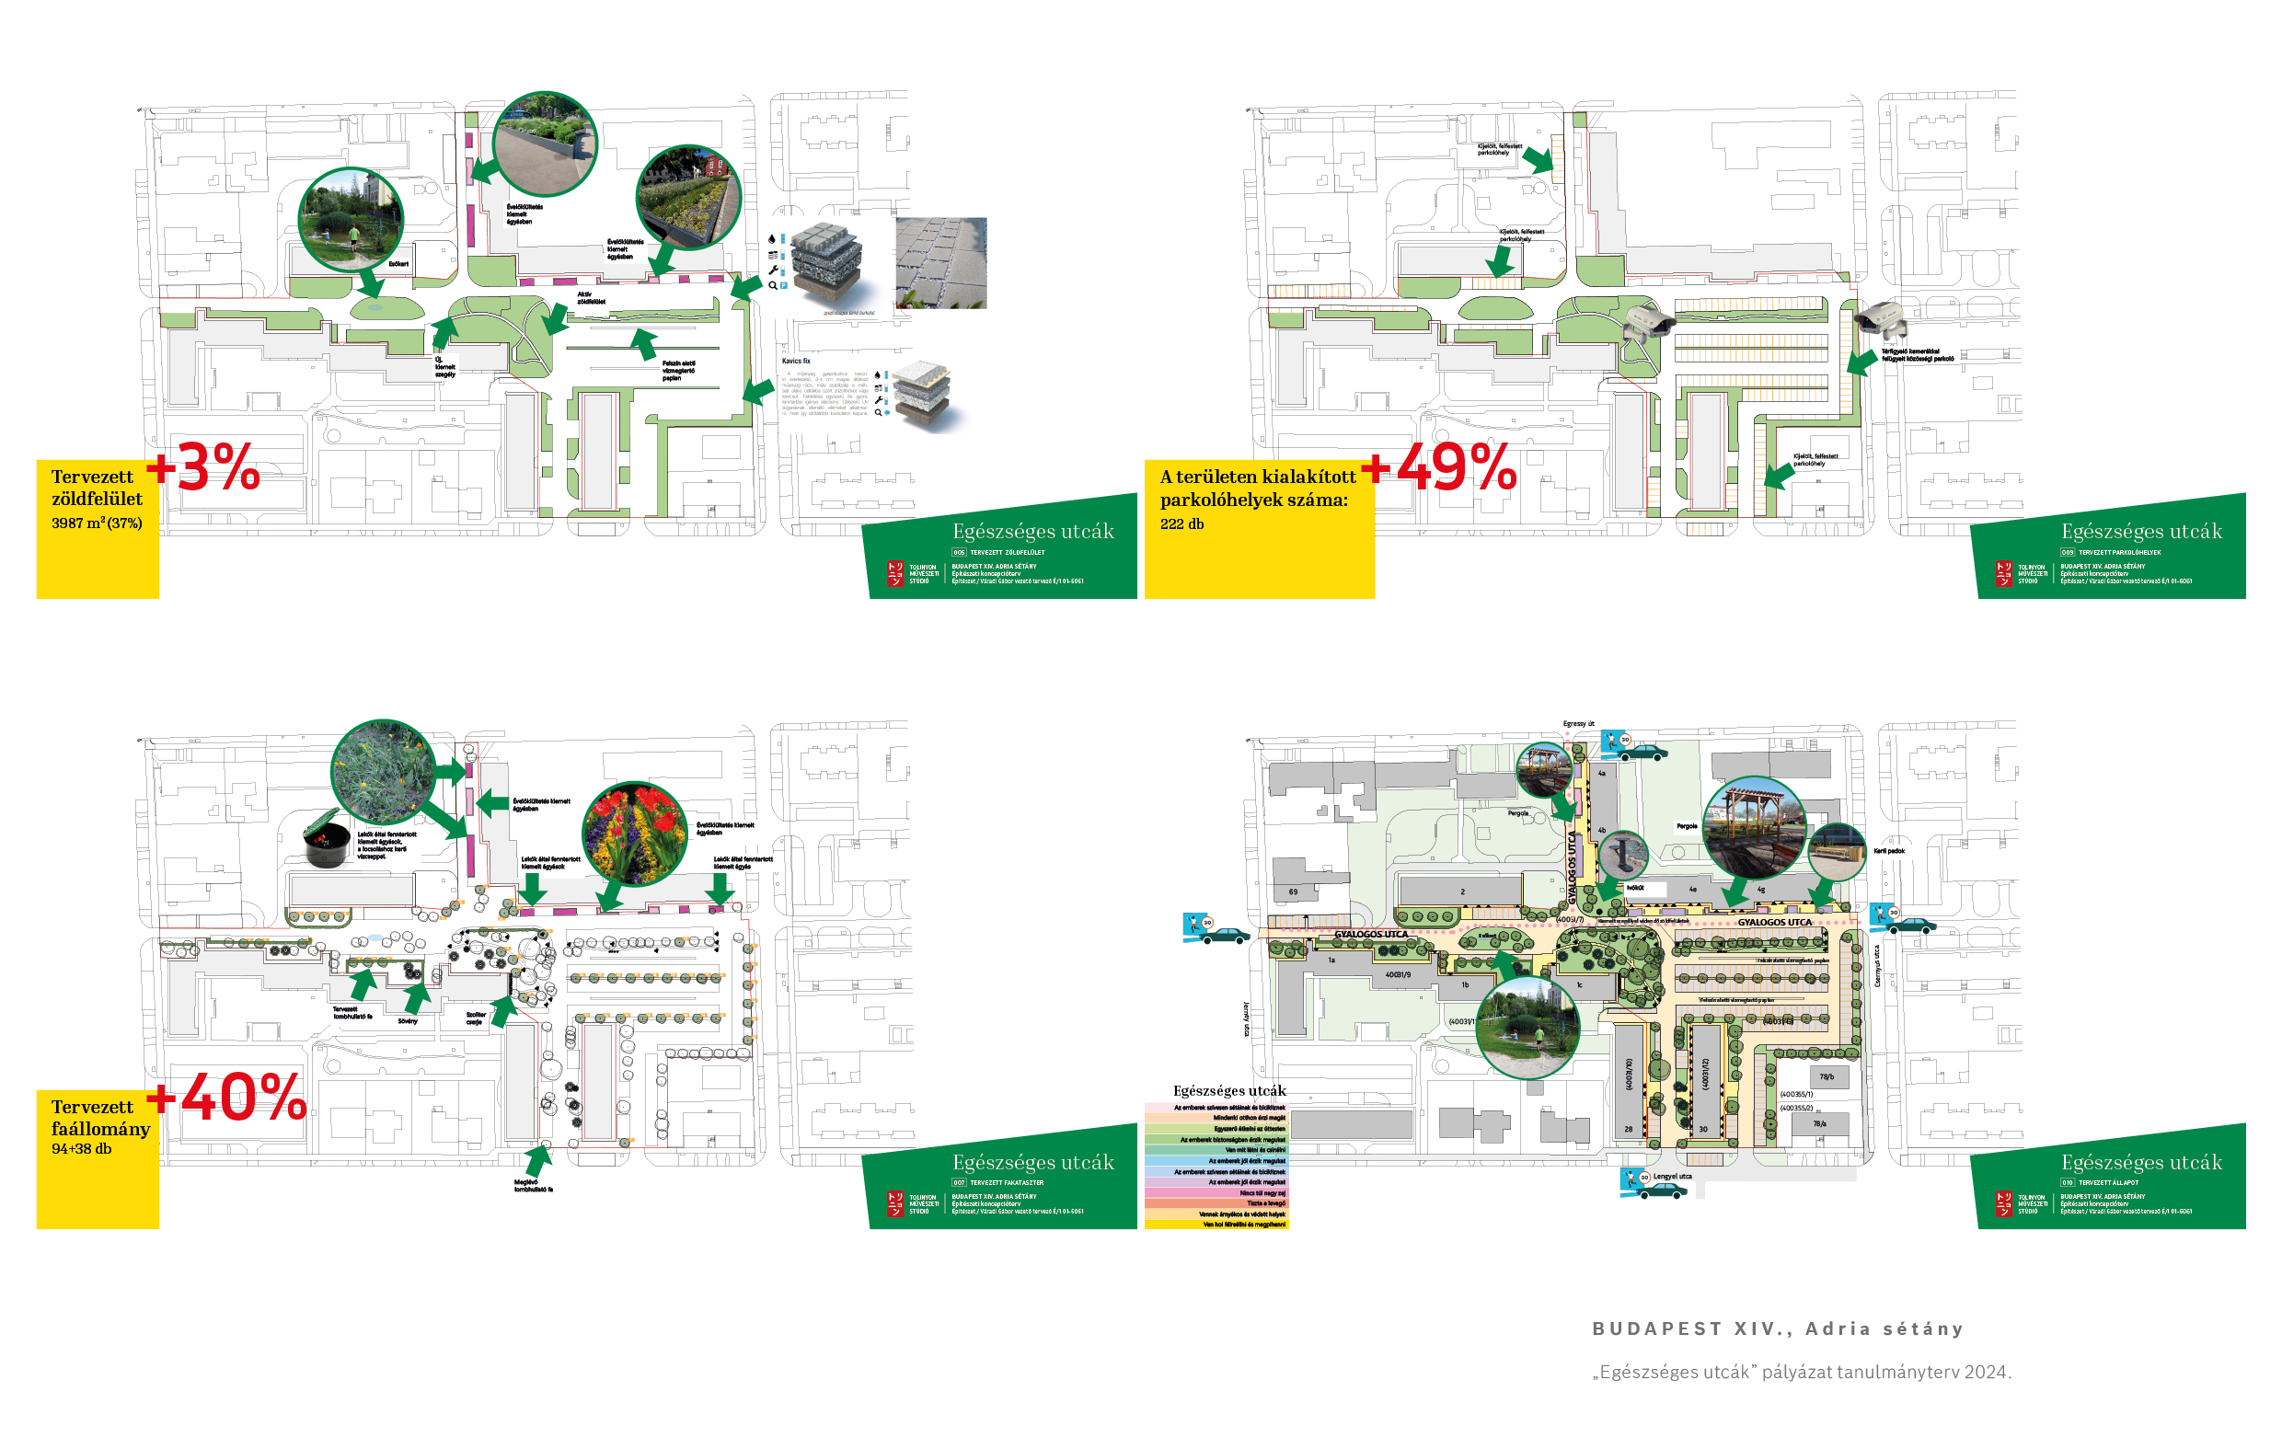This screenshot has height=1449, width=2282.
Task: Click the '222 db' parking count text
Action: point(1181,524)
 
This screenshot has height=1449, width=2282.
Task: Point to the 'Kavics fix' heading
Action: point(796,361)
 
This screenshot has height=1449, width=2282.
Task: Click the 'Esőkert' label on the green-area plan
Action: point(399,264)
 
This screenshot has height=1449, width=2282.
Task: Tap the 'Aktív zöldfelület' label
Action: point(591,298)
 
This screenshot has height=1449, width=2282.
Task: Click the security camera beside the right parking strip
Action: point(1882,320)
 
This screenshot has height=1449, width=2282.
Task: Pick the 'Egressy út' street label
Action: point(1579,724)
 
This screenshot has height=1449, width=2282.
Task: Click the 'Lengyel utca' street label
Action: point(1673,1177)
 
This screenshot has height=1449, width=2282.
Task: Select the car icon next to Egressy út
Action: point(1643,753)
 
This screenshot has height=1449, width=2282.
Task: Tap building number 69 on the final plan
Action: point(1293,891)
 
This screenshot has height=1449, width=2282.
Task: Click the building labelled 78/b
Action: point(1827,1076)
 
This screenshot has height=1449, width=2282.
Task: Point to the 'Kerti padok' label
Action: point(1889,851)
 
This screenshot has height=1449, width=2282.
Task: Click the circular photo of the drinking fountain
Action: point(1623,855)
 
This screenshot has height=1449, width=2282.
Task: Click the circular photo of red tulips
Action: point(634,833)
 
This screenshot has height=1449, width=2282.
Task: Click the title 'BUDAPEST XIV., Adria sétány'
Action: point(1778,1328)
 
